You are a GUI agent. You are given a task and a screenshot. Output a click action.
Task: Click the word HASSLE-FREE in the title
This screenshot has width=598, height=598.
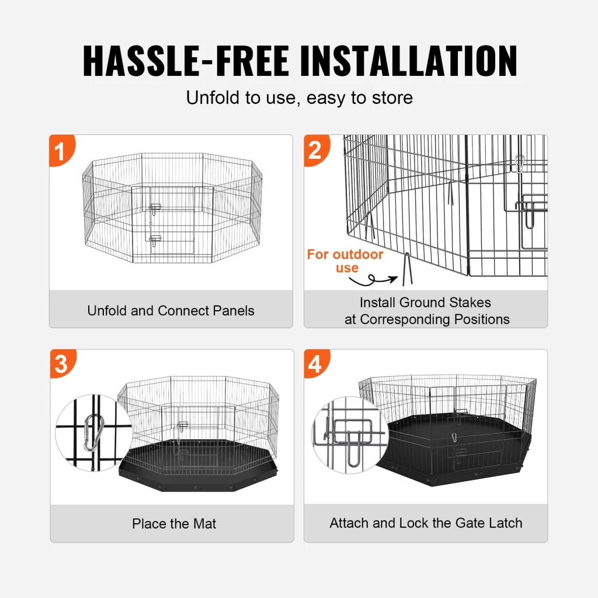tap(185, 60)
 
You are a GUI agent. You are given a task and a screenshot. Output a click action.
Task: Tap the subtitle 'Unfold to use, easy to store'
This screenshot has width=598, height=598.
tap(299, 98)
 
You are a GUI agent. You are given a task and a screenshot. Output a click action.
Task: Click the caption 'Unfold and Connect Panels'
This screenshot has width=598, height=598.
tap(171, 310)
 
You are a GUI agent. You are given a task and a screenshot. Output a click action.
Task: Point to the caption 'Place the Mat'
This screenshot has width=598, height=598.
tap(173, 524)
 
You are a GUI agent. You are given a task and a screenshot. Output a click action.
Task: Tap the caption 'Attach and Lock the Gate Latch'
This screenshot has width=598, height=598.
tap(426, 523)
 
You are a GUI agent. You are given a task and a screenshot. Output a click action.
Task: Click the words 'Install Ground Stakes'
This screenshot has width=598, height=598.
tap(425, 303)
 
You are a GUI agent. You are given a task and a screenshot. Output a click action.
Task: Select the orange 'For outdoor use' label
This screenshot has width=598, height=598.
tap(345, 261)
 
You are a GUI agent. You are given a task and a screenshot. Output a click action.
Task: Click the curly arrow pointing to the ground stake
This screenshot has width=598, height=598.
tap(374, 282)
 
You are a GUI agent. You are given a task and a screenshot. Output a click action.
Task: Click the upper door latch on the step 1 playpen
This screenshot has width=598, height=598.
tap(155, 207)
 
